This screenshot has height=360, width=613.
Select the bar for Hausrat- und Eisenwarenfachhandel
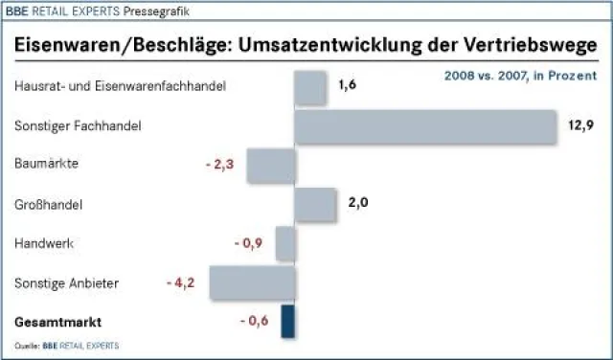[310, 87]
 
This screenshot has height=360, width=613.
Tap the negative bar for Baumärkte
[270, 166]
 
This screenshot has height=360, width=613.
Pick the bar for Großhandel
[315, 204]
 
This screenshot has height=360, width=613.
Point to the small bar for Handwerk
[284, 243]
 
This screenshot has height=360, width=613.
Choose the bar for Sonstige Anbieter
[251, 283]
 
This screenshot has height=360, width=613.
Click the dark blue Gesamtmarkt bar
[287, 322]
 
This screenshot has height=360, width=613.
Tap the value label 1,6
[347, 85]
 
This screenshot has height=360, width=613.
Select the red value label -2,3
[220, 165]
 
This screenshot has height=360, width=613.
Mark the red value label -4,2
[181, 282]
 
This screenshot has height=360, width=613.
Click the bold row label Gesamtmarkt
[57, 322]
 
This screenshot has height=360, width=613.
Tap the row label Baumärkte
[46, 164]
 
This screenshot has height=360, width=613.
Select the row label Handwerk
[44, 243]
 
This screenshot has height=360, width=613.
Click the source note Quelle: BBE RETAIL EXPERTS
[67, 345]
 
